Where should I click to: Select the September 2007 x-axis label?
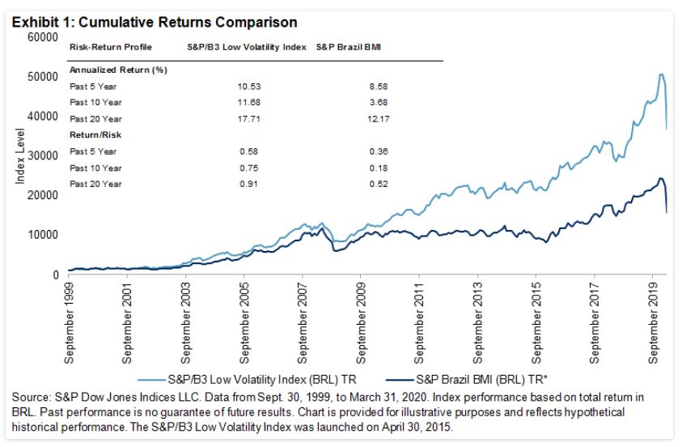pyautogui.click(x=304, y=319)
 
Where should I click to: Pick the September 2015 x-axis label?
pyautogui.click(x=536, y=319)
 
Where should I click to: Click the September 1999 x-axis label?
pyautogui.click(x=70, y=319)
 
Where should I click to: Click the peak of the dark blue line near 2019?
pyautogui.click(x=661, y=178)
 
